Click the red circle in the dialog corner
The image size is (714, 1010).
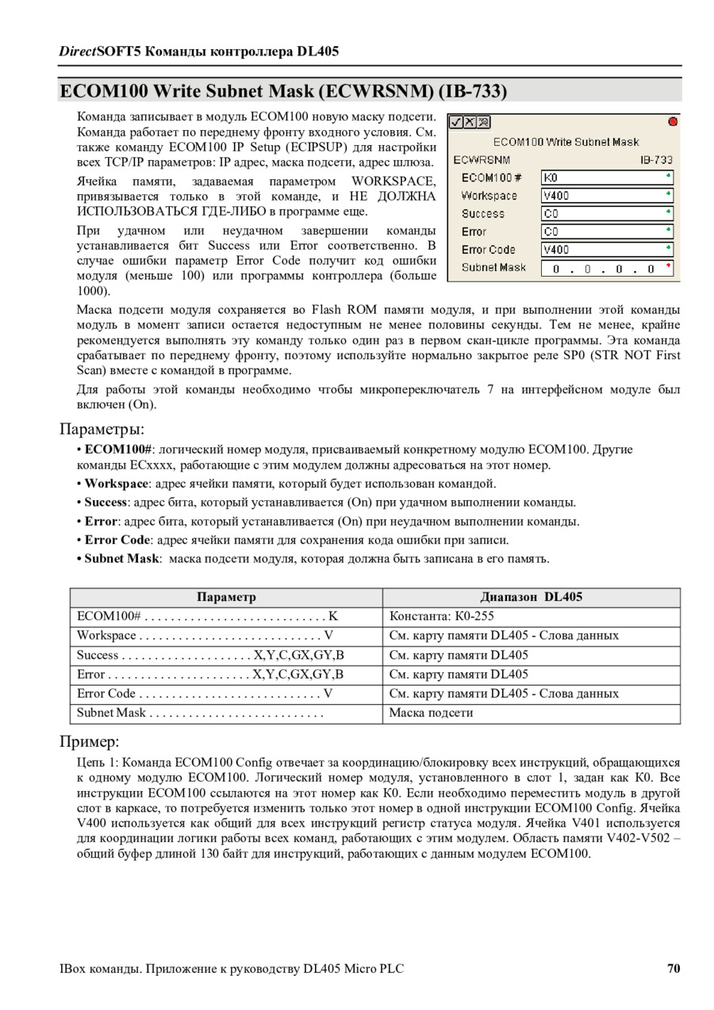673,122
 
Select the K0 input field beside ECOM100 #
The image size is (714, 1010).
607,178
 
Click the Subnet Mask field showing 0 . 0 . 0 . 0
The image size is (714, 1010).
607,269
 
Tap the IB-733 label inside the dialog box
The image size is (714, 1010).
656,159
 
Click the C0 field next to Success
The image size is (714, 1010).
607,213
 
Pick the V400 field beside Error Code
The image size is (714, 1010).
607,250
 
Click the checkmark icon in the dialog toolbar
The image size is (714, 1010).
455,123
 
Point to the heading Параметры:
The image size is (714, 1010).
102,429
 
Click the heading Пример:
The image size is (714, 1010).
89,742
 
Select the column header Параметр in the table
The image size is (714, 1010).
226,597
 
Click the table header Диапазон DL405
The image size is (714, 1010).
531,597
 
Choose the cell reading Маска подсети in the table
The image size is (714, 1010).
431,712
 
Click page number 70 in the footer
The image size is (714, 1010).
674,968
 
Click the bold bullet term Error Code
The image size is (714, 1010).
117,540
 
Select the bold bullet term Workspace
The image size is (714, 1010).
116,484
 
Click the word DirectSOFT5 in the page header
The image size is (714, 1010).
98,52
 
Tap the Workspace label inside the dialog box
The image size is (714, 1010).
489,196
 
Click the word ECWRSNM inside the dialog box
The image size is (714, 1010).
482,159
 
